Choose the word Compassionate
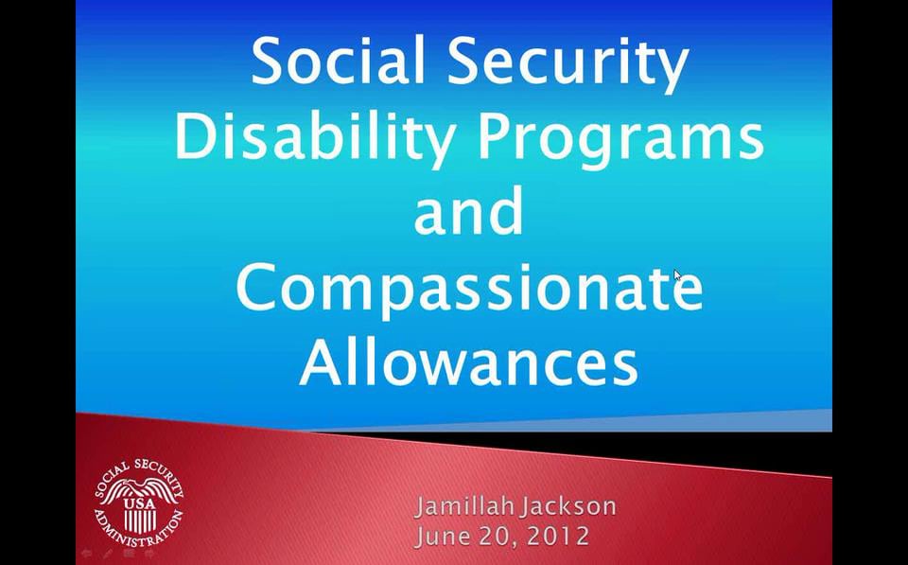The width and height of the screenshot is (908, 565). [x=468, y=289]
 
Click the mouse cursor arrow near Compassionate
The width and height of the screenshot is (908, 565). [x=677, y=275]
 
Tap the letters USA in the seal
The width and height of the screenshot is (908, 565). [x=138, y=503]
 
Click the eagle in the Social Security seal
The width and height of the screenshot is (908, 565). [x=138, y=491]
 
